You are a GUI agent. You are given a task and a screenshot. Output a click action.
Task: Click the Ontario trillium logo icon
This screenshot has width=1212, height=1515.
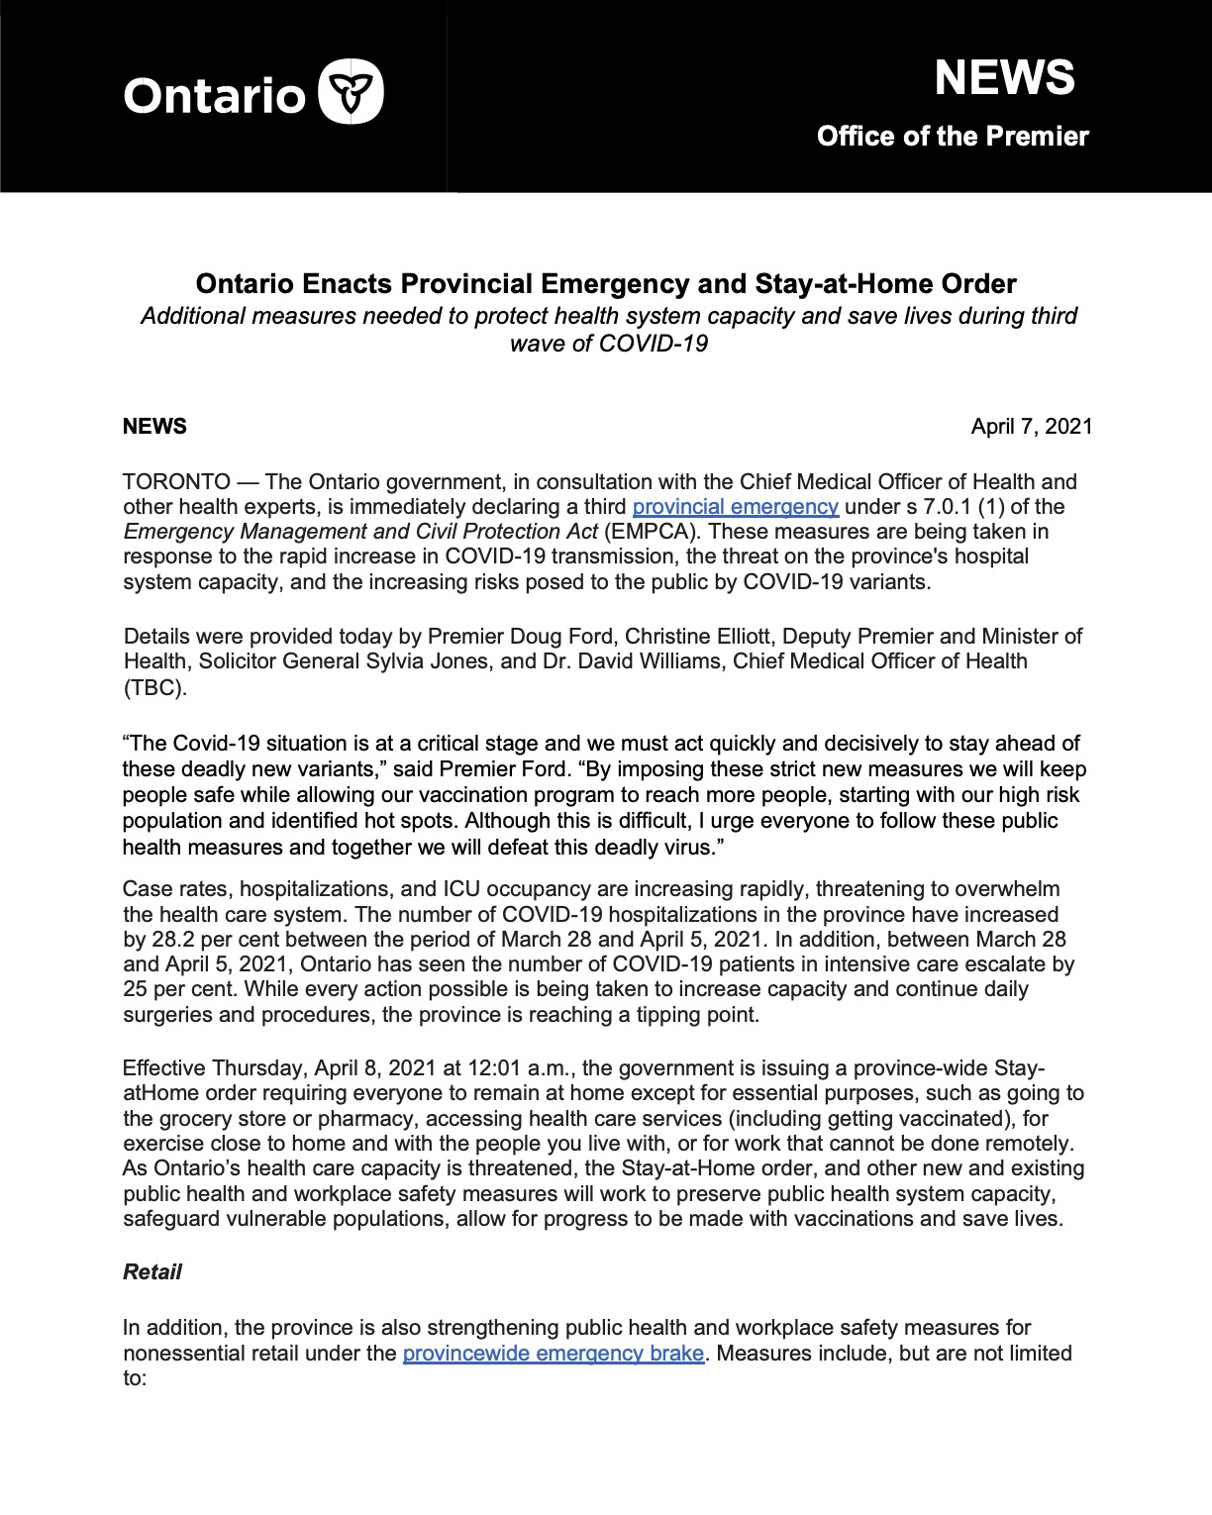pos(351,92)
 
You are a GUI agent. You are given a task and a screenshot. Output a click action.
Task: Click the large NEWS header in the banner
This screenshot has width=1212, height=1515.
pos(1004,78)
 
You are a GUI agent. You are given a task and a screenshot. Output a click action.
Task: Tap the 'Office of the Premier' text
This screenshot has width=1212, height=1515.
pos(953,137)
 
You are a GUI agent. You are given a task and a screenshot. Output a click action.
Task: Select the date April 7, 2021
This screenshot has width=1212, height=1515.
pos(1031,427)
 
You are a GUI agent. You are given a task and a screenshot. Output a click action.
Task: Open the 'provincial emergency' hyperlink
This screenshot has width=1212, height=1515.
pos(735,507)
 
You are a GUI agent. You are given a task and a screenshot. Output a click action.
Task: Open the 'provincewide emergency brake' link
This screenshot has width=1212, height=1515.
pos(553,1354)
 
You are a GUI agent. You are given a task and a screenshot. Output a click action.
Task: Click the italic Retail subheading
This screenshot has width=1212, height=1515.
pos(152,1272)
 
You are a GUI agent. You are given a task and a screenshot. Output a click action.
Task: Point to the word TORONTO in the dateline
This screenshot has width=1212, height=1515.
pos(176,482)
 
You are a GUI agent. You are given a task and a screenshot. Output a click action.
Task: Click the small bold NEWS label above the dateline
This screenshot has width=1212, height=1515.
pos(154,427)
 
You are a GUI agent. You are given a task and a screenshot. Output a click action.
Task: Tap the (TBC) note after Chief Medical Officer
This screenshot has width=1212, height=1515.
pos(154,687)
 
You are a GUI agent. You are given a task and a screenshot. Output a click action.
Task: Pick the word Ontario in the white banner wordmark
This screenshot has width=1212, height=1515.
pos(214,96)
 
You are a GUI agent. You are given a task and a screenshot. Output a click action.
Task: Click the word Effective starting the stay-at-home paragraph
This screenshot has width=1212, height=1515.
pos(164,1068)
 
